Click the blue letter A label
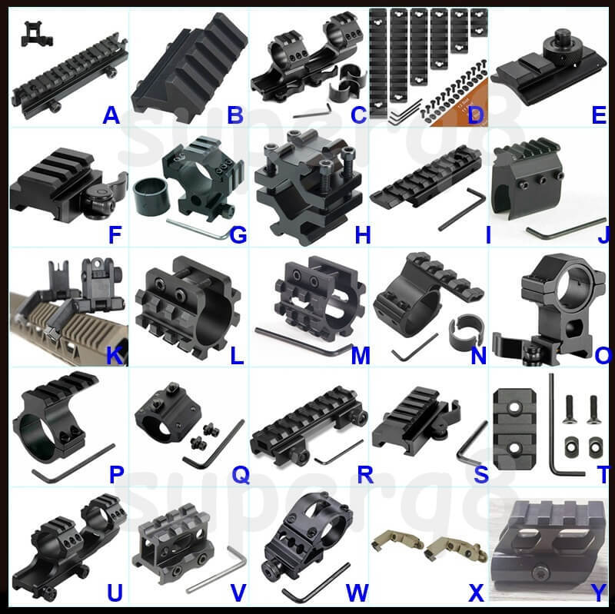click(x=111, y=115)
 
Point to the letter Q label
click(x=241, y=475)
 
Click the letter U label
click(x=115, y=592)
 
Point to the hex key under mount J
click(x=565, y=228)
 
